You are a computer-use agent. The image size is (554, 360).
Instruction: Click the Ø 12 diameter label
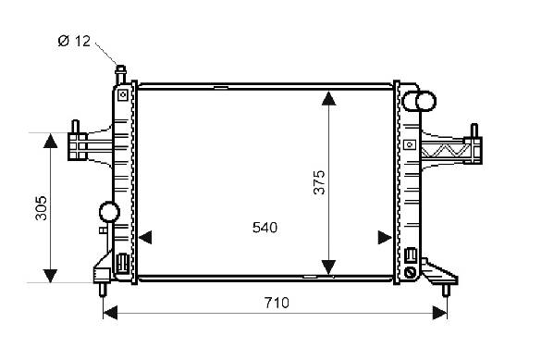pyautogui.click(x=74, y=41)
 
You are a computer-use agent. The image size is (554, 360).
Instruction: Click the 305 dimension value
pyautogui.click(x=41, y=208)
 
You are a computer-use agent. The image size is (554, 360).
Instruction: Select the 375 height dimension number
pyautogui.click(x=319, y=182)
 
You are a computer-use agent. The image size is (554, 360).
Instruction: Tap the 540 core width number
pyautogui.click(x=265, y=228)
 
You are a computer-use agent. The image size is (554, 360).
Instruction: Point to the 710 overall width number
pyautogui.click(x=277, y=303)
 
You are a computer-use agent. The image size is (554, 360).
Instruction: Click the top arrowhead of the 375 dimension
pyautogui.click(x=329, y=98)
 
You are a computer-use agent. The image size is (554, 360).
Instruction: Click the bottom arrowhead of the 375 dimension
pyautogui.click(x=329, y=267)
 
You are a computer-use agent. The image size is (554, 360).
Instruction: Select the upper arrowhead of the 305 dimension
pyautogui.click(x=51, y=141)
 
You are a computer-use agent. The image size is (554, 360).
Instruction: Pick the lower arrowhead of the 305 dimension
pyautogui.click(x=51, y=276)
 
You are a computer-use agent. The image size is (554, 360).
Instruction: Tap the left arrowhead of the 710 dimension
pyautogui.click(x=110, y=313)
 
